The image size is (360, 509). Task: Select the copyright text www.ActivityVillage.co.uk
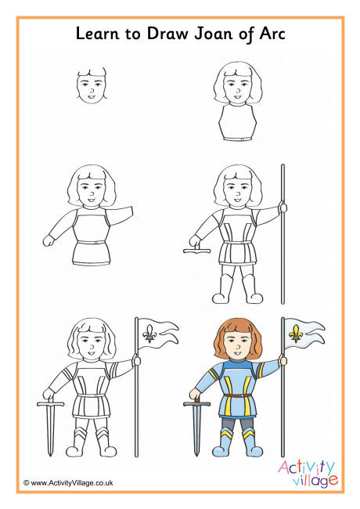69,483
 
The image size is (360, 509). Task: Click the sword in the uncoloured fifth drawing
49,427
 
